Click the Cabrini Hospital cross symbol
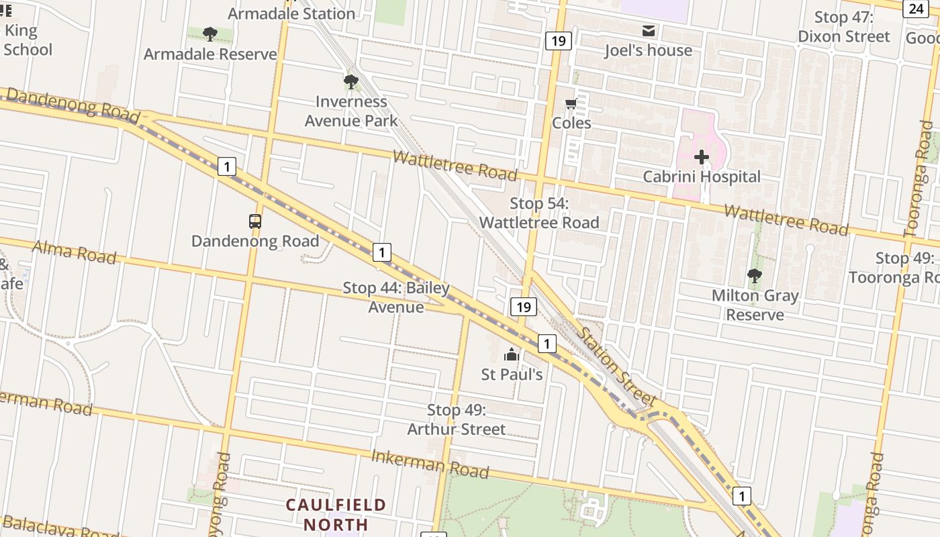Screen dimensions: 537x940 (x=702, y=157)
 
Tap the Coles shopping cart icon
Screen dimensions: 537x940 (x=571, y=103)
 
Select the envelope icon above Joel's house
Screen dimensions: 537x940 (x=649, y=31)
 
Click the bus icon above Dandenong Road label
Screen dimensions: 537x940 (x=255, y=221)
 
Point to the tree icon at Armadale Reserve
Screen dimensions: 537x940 (x=210, y=34)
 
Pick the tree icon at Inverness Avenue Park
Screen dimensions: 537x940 (x=350, y=82)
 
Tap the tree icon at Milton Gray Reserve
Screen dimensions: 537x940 (x=755, y=275)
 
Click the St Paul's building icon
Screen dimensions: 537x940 (x=512, y=354)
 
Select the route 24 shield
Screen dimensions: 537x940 (x=916, y=8)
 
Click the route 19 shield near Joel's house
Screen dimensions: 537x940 (x=558, y=41)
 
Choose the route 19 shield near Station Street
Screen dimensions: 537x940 (x=524, y=307)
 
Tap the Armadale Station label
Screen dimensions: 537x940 (x=291, y=13)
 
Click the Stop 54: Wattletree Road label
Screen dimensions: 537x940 (x=539, y=213)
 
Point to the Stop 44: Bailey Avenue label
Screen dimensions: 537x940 (x=396, y=297)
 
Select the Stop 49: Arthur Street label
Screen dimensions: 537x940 (x=457, y=420)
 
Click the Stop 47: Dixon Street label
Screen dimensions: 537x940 (x=844, y=27)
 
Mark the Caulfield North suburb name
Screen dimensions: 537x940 (x=336, y=514)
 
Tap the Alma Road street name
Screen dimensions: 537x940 (x=75, y=252)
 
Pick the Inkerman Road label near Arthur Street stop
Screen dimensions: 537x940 (x=430, y=464)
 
